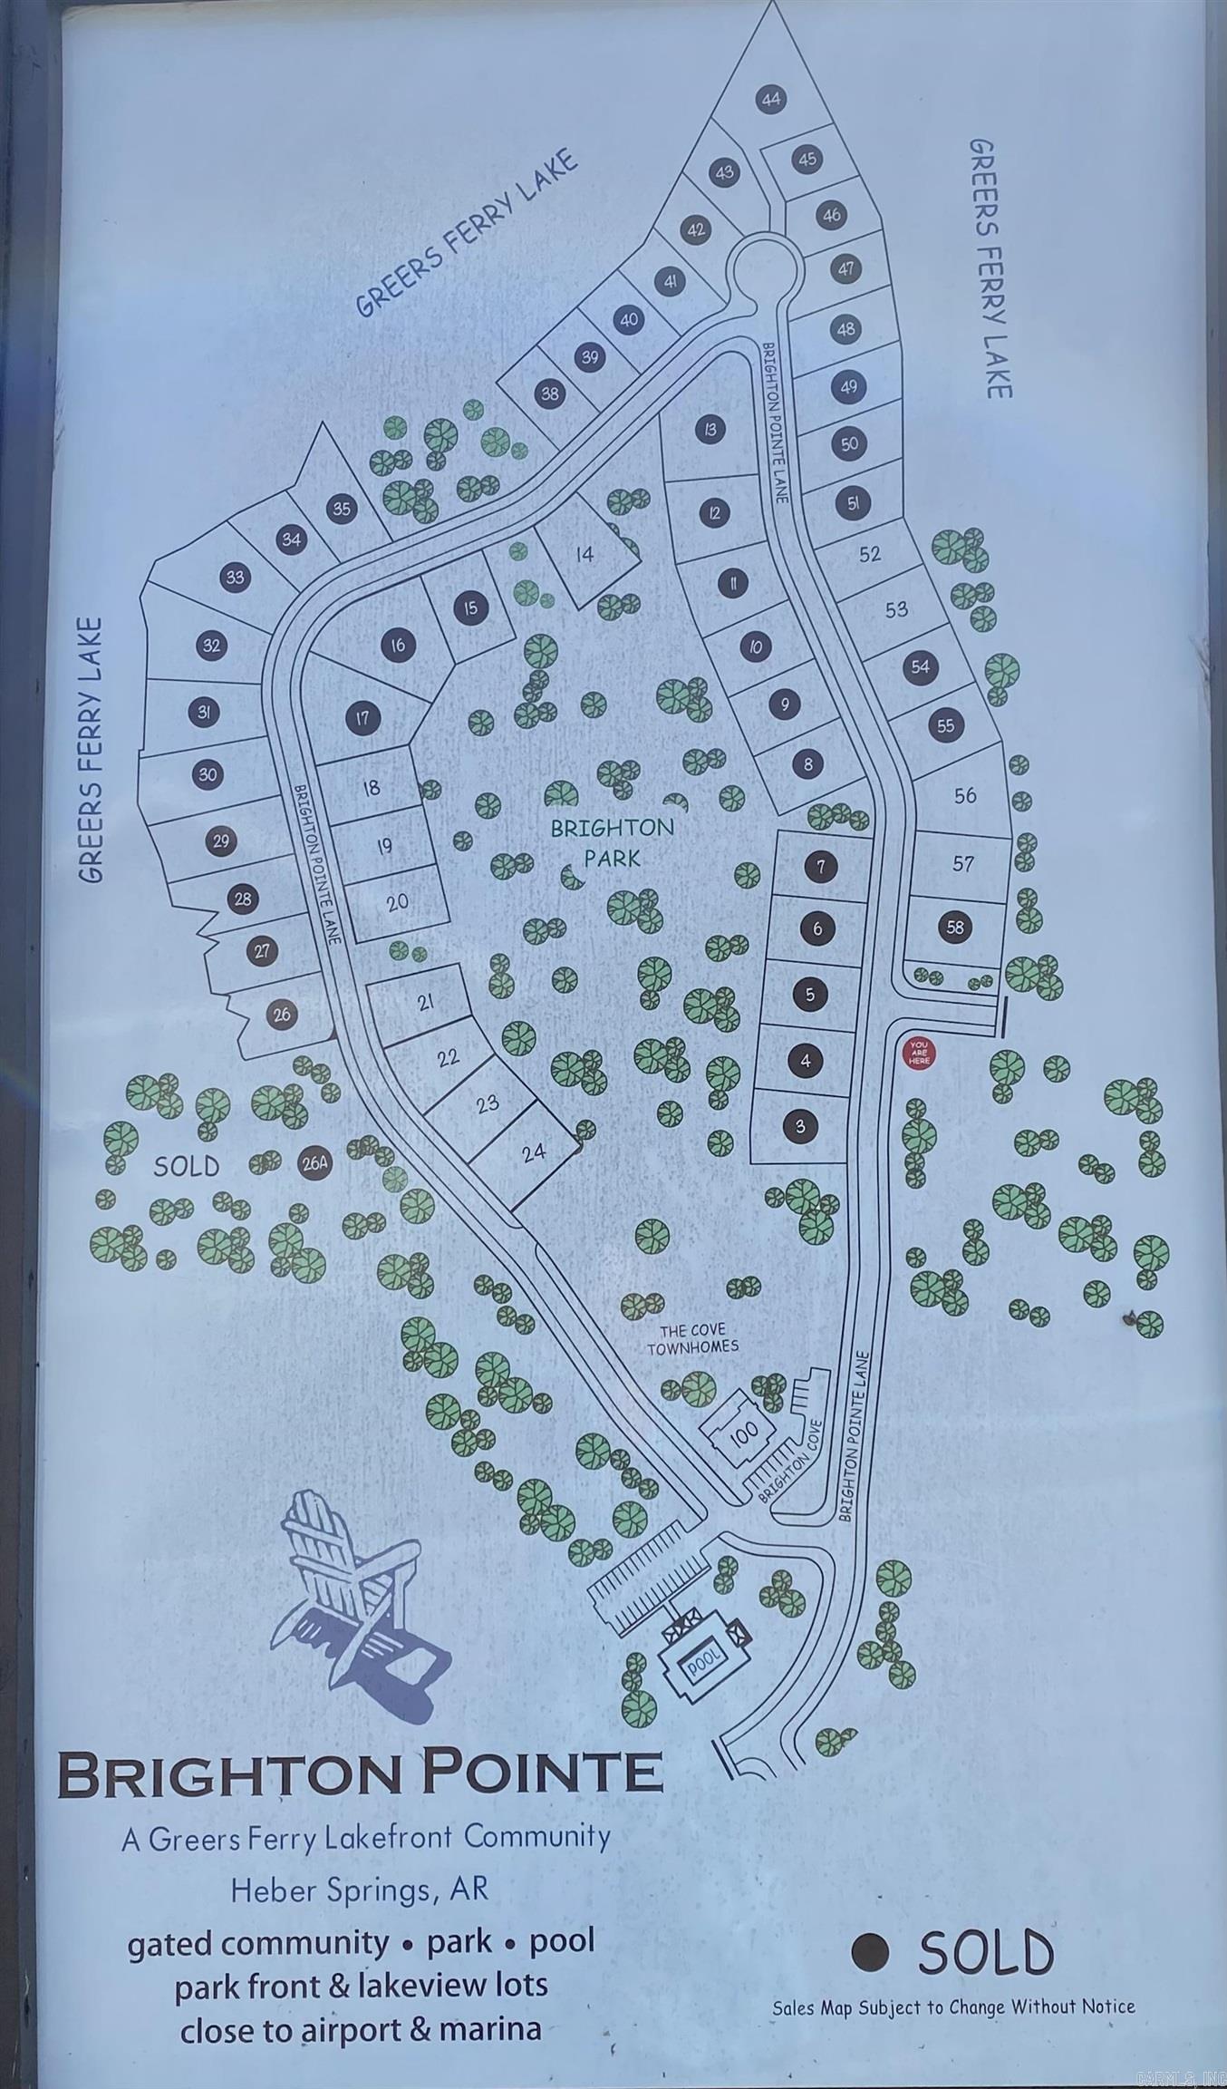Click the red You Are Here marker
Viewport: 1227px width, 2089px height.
[x=919, y=1053]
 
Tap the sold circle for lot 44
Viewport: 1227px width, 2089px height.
[x=771, y=99]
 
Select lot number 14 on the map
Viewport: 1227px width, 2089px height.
[x=585, y=553]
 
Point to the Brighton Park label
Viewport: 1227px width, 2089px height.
[x=613, y=842]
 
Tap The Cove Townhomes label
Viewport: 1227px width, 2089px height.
[x=693, y=1338]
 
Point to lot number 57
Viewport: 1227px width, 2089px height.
[x=962, y=863]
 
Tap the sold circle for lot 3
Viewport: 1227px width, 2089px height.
[x=800, y=1127]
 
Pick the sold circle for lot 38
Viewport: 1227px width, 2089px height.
[x=550, y=394]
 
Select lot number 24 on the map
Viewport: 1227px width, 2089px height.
[x=535, y=1151]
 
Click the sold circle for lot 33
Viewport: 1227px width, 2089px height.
[x=236, y=577]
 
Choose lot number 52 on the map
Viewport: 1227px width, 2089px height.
[x=869, y=553]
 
